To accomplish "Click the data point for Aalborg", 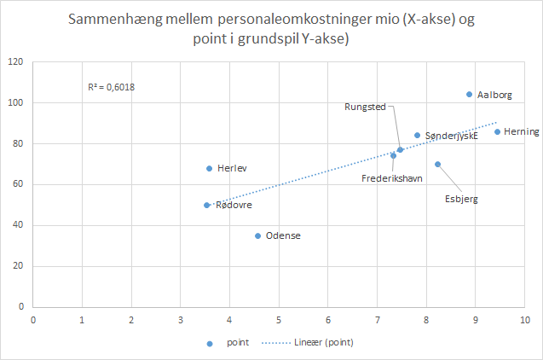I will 469,95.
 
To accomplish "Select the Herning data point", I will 497,131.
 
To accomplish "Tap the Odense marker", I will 258,235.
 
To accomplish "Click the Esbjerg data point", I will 437,165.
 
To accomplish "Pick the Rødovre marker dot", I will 207,205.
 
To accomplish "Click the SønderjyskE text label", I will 451,135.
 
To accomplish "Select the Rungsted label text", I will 366,107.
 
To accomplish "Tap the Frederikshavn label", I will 392,178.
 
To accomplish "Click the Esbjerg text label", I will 460,199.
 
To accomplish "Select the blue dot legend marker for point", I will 209,343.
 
